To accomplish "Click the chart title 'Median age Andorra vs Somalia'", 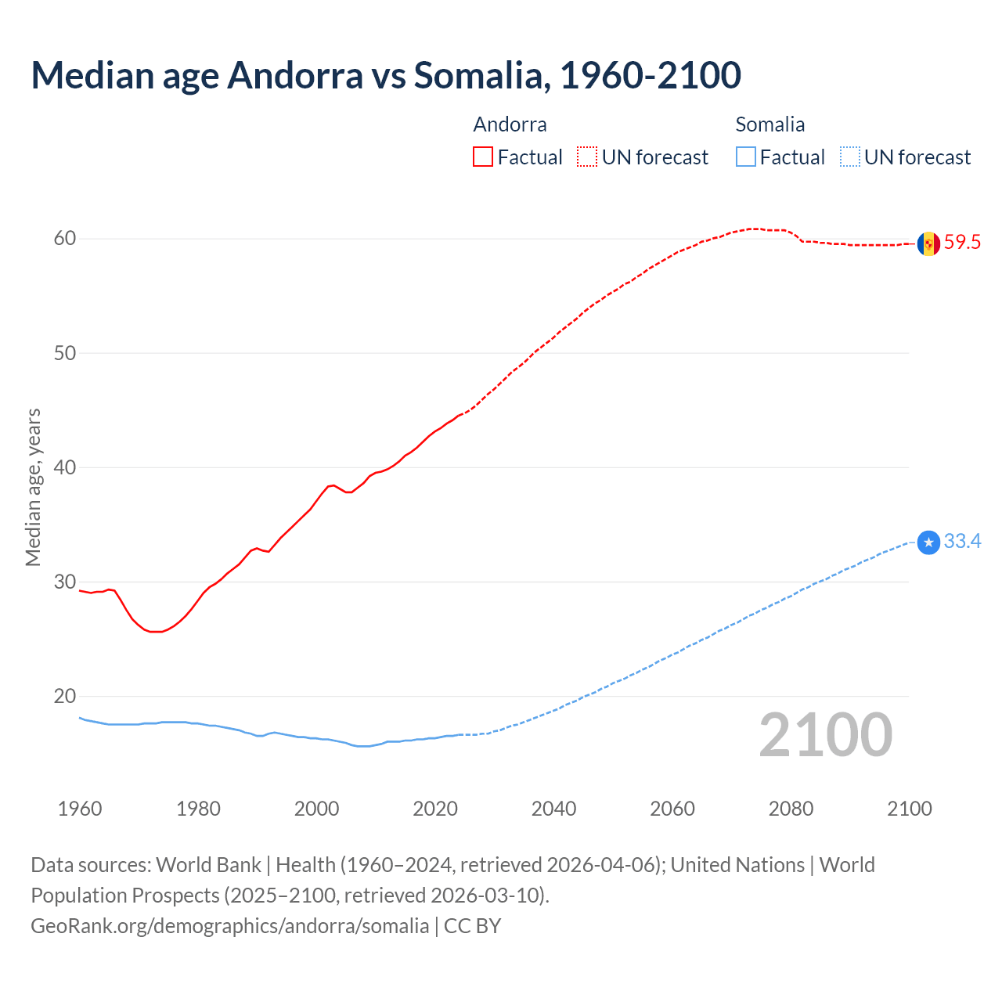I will click(385, 75).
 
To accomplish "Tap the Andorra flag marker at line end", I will click(928, 243).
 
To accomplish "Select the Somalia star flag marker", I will click(928, 542).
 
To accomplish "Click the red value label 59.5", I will click(962, 243).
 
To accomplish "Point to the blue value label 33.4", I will click(962, 542).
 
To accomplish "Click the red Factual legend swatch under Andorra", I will click(483, 157).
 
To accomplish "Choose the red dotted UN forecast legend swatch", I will click(587, 157).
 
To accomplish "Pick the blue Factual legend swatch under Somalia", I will click(746, 157).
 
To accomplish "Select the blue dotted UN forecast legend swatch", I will click(850, 157).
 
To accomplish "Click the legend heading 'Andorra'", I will click(510, 124).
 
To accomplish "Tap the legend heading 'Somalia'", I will click(770, 124).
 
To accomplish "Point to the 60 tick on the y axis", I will click(65, 239).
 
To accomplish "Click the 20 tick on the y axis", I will click(65, 697).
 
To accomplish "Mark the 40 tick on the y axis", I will click(65, 467).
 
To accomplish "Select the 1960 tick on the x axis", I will click(80, 809).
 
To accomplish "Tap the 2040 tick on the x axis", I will click(553, 809).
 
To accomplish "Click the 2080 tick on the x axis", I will click(791, 809).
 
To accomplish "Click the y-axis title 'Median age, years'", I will click(33, 487).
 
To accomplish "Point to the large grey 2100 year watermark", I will click(825, 735).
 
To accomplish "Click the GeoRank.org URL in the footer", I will click(229, 926).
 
